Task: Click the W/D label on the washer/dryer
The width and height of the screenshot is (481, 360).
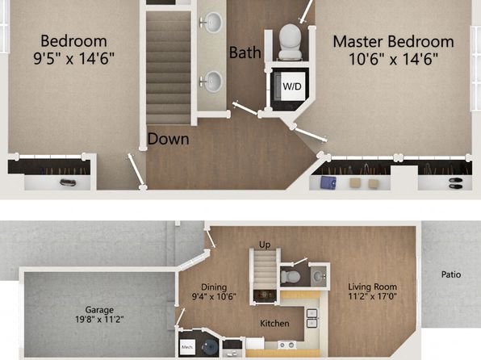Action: click(x=292, y=86)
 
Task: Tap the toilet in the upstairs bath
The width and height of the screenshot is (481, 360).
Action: click(x=290, y=42)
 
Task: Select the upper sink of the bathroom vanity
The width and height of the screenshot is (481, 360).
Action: click(x=212, y=23)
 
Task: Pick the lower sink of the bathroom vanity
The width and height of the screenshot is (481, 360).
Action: click(x=212, y=82)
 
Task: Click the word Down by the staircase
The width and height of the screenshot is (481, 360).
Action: click(x=168, y=139)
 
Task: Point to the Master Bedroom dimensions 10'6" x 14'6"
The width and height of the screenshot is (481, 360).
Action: click(x=394, y=59)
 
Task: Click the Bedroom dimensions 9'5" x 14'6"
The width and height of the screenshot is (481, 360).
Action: click(x=73, y=58)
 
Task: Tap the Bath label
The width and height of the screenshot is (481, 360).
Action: click(x=245, y=52)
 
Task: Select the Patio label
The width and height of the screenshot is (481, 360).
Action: click(x=451, y=274)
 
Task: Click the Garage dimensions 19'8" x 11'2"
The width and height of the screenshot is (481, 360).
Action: click(x=99, y=320)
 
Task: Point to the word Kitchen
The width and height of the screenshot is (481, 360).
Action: click(x=274, y=323)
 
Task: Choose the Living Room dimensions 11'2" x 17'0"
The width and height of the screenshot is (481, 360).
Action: click(x=372, y=296)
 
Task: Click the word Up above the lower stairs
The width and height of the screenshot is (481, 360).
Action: click(x=265, y=245)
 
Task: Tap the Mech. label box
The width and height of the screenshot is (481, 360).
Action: click(x=187, y=347)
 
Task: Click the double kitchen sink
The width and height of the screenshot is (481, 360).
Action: click(x=312, y=318)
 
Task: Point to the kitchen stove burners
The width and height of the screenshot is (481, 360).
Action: click(x=287, y=345)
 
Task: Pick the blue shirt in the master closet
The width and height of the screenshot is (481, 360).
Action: click(x=328, y=182)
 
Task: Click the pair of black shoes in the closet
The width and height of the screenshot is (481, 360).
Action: click(x=455, y=183)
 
